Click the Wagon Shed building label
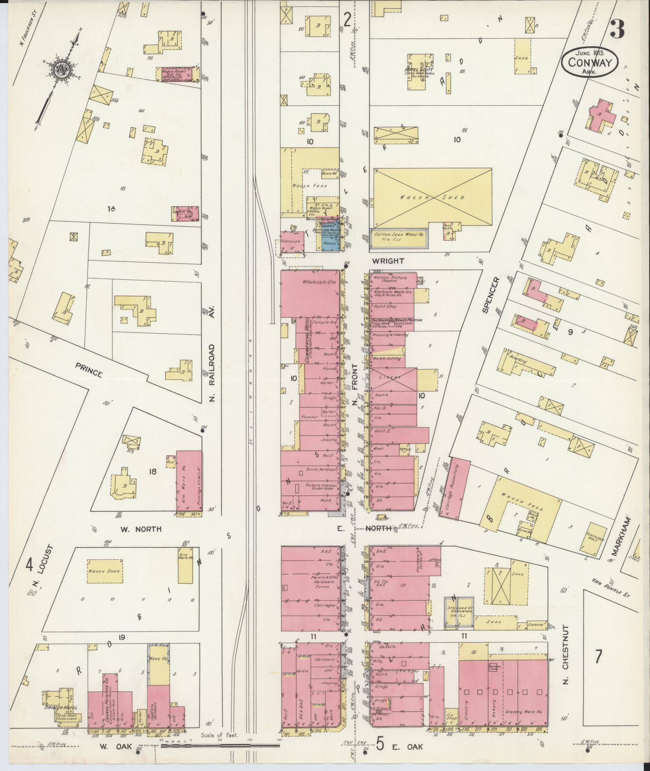click(434, 197)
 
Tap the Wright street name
click(388, 261)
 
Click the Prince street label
click(88, 369)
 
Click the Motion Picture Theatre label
click(390, 279)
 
